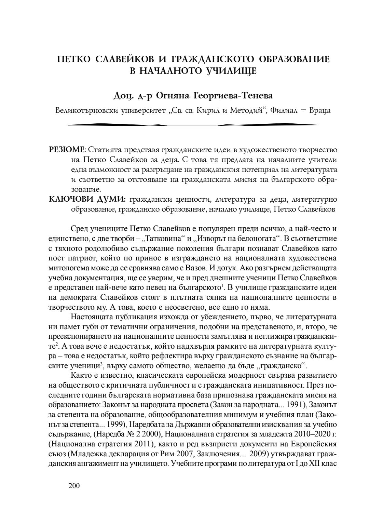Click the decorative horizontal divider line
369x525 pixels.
click(193, 125)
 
